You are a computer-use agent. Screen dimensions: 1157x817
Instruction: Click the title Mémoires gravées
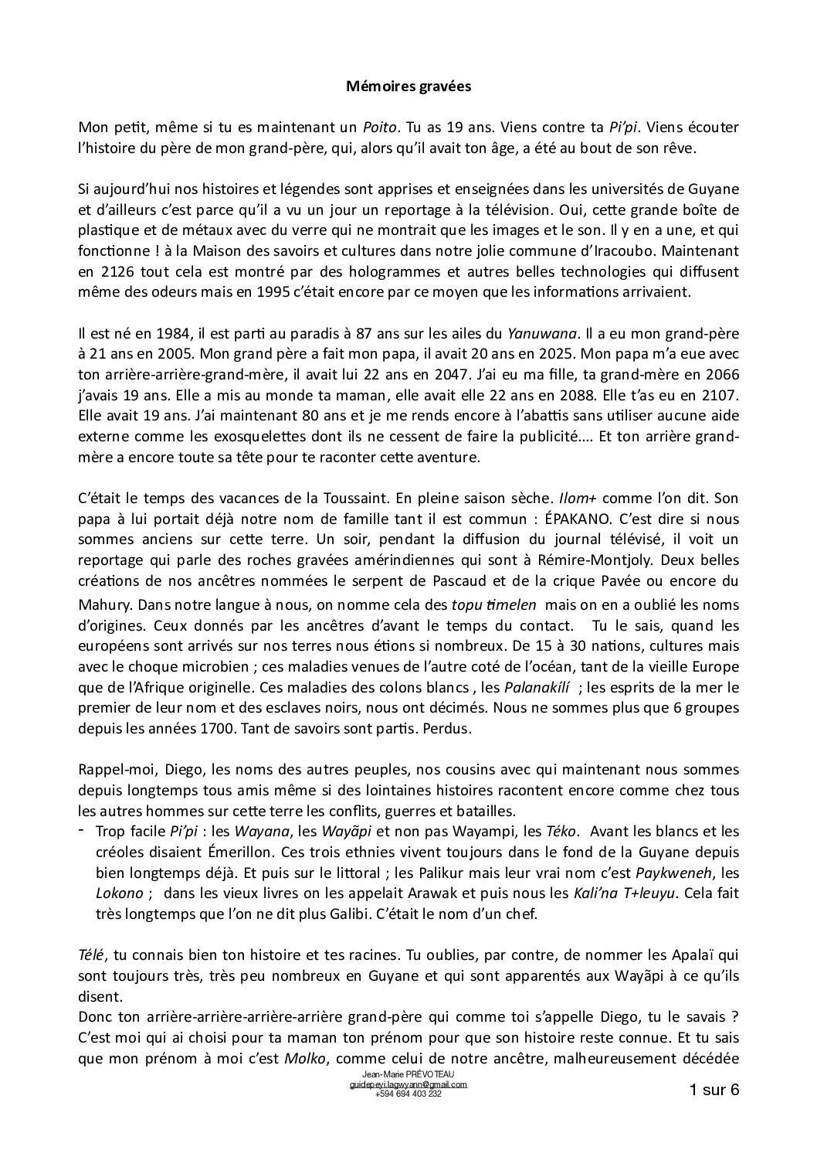coord(408,87)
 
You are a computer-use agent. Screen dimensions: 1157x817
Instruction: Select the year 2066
coord(724,375)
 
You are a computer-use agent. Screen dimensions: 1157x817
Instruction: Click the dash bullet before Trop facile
coord(83,830)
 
